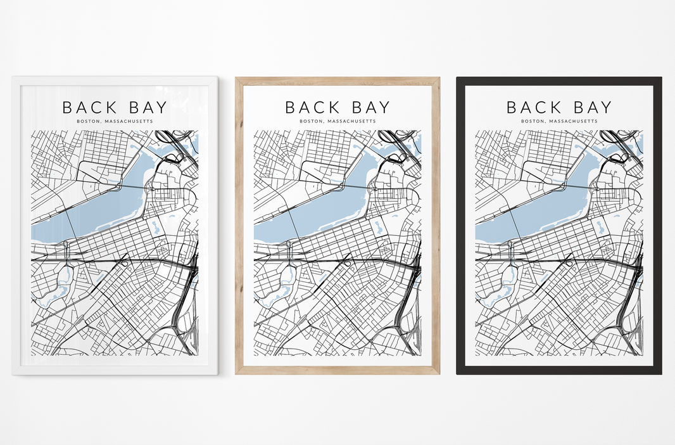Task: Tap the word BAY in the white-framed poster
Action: [146, 108]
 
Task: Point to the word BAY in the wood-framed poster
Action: [368, 108]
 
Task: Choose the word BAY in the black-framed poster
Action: [590, 108]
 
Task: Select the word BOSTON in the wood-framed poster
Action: [310, 121]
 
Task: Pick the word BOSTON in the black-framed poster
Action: [531, 121]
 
